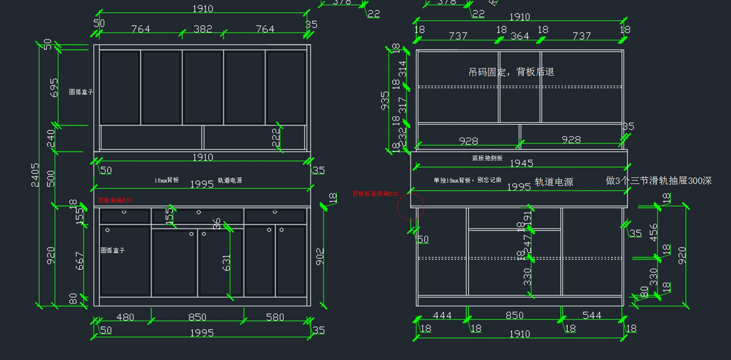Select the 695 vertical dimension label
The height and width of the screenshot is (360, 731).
(x=54, y=87)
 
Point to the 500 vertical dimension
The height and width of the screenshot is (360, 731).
(x=51, y=178)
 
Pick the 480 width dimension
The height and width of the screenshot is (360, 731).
(x=125, y=317)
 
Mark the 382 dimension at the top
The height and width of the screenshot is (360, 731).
(x=203, y=29)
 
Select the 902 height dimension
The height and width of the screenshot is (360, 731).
(x=321, y=255)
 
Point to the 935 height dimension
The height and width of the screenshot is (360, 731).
(x=385, y=101)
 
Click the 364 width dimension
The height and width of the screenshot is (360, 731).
(x=520, y=36)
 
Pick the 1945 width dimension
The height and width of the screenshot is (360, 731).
(x=521, y=163)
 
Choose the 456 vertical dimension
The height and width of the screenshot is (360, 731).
(x=654, y=231)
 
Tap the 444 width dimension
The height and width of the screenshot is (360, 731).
(x=442, y=315)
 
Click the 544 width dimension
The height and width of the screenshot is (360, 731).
(x=592, y=315)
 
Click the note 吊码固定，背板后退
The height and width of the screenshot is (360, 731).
(x=511, y=72)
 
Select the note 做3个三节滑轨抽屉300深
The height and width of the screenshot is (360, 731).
(x=659, y=181)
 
